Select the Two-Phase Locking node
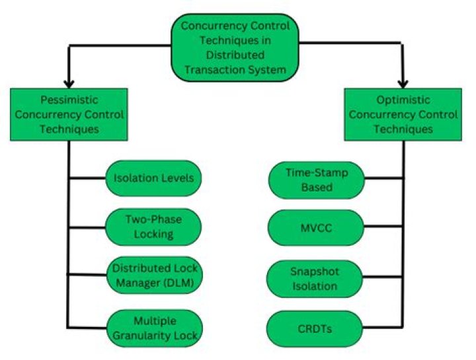153,227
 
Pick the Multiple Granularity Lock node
153,326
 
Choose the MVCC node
317,227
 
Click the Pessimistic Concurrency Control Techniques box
68,114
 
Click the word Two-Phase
153,220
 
